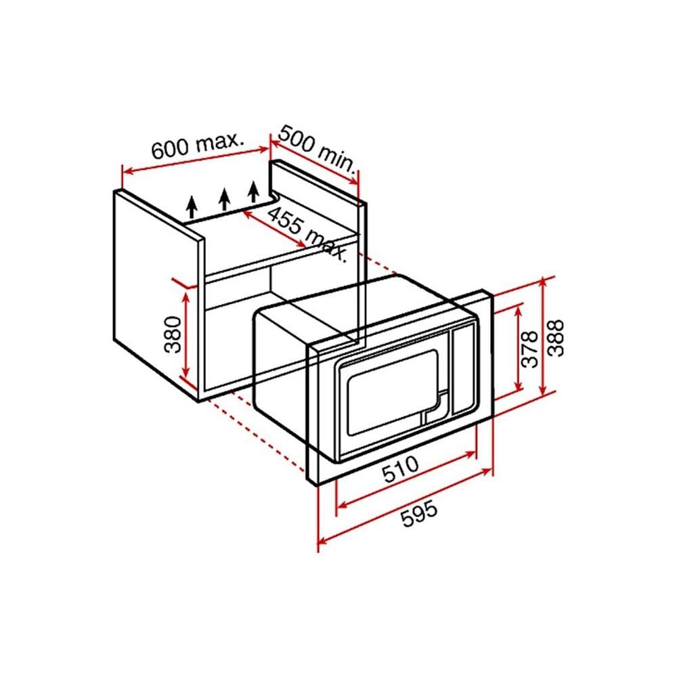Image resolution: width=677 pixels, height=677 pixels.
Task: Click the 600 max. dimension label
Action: (x=197, y=144)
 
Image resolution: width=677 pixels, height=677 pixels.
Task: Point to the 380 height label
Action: (x=173, y=334)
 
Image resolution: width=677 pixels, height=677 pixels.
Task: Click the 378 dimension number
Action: (x=530, y=349)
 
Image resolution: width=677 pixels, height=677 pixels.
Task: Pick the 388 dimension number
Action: (x=556, y=338)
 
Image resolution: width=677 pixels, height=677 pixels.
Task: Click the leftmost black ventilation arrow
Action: (x=192, y=206)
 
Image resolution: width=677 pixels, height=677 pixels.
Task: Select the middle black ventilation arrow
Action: (x=223, y=199)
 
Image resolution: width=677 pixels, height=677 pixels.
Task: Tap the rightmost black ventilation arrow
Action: (x=254, y=192)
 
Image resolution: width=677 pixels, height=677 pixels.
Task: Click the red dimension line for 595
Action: (x=405, y=506)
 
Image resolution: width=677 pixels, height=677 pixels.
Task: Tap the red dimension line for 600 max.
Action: (x=196, y=160)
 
